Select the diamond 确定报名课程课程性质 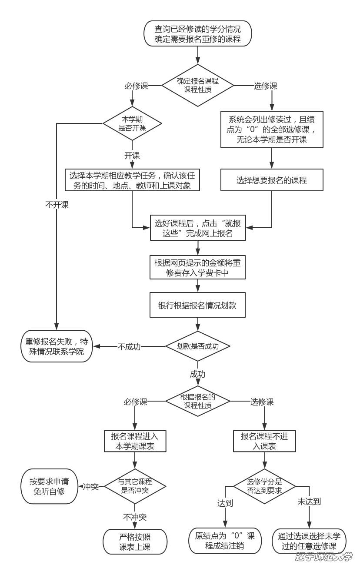198,85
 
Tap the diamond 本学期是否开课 132,123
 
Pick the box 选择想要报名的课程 272,180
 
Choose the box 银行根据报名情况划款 198,305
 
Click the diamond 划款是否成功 198,346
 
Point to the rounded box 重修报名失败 57,346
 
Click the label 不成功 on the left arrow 129,347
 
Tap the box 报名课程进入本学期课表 135,442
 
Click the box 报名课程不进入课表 265,442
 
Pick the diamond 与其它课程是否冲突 135,486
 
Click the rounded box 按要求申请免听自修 49,486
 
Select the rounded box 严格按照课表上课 135,541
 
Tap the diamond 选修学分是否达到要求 265,486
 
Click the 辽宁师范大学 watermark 324,558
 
